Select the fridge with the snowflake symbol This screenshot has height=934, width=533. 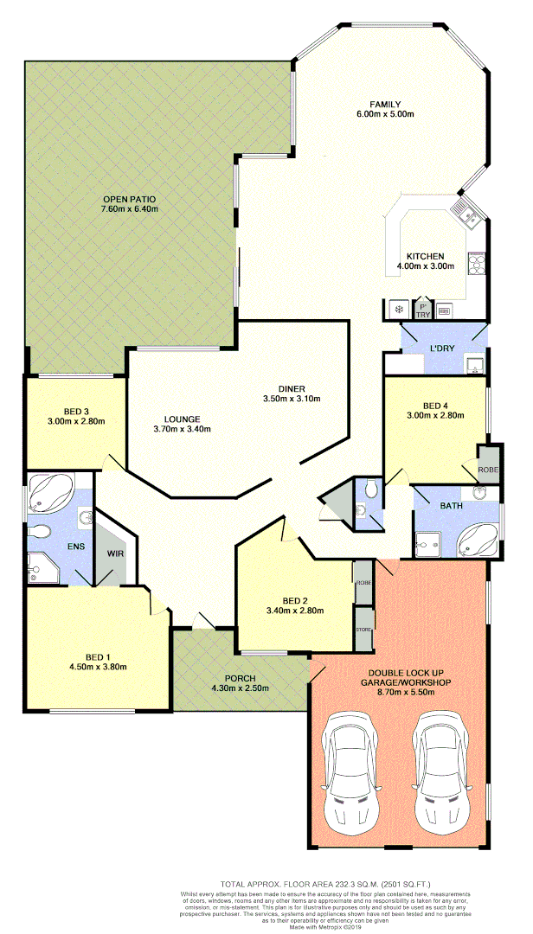399,309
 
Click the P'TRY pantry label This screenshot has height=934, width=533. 423,310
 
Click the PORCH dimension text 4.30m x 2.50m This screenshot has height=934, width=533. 240,688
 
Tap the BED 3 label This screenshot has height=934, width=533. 77,411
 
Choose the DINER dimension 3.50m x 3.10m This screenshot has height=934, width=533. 292,399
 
